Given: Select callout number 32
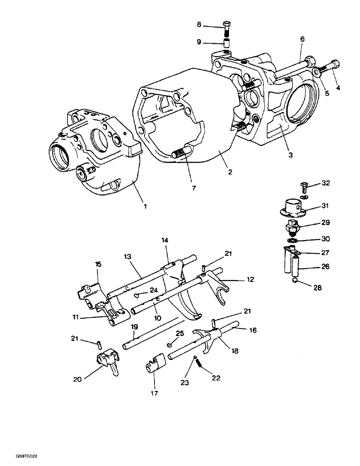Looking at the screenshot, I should [325, 183].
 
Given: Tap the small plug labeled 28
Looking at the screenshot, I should [295, 281].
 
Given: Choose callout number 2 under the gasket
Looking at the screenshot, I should [230, 172].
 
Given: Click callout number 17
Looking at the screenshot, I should [154, 393].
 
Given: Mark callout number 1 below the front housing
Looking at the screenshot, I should [145, 206].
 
